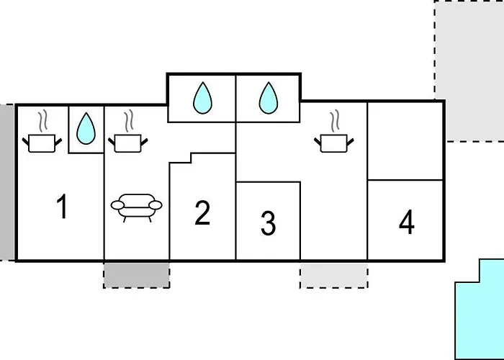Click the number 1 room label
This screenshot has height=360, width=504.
tap(62, 207)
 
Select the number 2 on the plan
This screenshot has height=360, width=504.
tap(202, 212)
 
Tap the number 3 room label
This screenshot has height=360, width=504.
tap(268, 223)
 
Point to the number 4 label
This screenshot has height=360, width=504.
tap(407, 222)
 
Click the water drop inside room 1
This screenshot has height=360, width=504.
tap(86, 128)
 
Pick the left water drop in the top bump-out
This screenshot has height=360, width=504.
tap(202, 98)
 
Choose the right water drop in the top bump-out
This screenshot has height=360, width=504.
tap(268, 98)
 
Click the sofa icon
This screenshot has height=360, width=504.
tap(136, 207)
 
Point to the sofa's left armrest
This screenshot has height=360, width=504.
tap(117, 204)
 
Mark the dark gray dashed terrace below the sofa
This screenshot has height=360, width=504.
tap(137, 276)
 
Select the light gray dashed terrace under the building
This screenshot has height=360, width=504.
tap(334, 276)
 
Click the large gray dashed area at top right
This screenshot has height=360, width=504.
tap(469, 71)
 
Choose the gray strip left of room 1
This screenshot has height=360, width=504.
tap(7, 182)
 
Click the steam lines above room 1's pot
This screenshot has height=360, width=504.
tap(42, 121)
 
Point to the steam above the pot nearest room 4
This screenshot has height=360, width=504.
tap(335, 120)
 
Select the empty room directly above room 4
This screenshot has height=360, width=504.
tap(405, 141)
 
